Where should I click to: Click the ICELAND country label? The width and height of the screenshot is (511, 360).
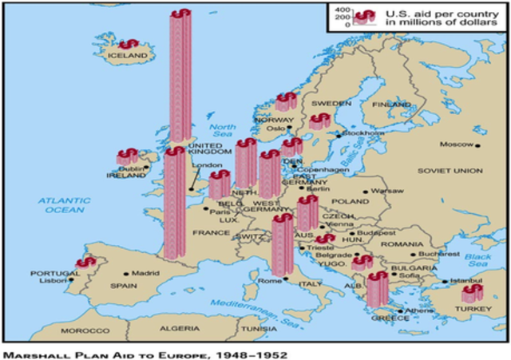click(128, 56)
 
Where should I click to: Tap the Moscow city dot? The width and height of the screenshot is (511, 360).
click(477, 145)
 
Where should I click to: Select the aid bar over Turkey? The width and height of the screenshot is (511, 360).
click(473, 293)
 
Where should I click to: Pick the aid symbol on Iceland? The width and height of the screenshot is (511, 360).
click(128, 43)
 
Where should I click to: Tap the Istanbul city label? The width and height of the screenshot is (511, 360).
click(465, 281)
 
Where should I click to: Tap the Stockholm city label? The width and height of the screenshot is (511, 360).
click(363, 133)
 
